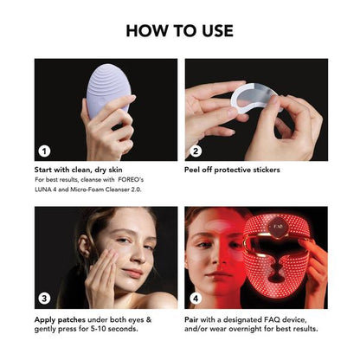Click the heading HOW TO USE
(x=180, y=30)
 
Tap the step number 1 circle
(x=45, y=150)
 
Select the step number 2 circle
(x=196, y=150)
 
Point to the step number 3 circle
(x=45, y=299)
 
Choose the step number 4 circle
(x=196, y=299)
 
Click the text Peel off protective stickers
(x=232, y=170)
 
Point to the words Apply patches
(x=59, y=318)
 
